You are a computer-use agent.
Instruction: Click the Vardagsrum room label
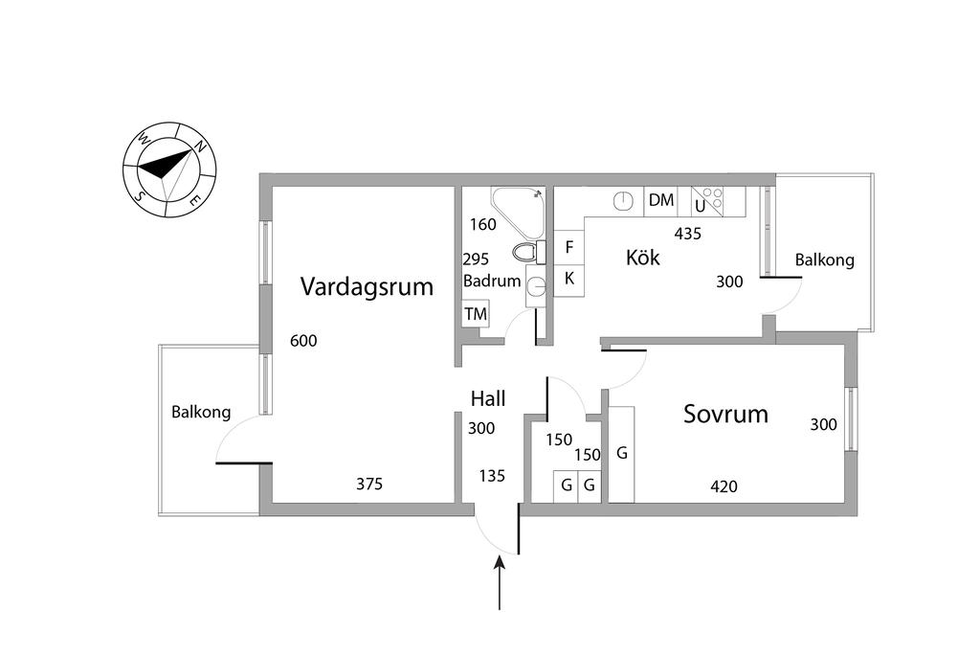367,286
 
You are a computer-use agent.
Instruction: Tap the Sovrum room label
725,414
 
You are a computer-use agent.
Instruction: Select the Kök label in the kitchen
643,257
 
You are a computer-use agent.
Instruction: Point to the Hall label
488,398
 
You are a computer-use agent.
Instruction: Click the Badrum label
492,282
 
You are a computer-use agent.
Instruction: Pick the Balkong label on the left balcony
201,413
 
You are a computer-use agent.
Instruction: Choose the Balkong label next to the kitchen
825,259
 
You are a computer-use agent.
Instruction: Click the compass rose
169,169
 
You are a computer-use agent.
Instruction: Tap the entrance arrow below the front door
500,584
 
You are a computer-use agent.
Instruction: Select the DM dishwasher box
661,200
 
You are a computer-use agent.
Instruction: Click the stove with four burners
708,200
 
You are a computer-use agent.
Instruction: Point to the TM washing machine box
476,314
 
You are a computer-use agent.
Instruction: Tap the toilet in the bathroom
526,252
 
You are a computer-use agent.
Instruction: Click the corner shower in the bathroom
518,209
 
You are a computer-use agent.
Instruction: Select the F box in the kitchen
569,247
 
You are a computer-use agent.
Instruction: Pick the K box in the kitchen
569,279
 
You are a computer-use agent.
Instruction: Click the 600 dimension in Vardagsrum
302,341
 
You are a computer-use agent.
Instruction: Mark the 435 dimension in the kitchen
688,233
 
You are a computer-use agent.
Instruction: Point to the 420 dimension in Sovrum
724,486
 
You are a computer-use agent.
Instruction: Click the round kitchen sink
623,200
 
